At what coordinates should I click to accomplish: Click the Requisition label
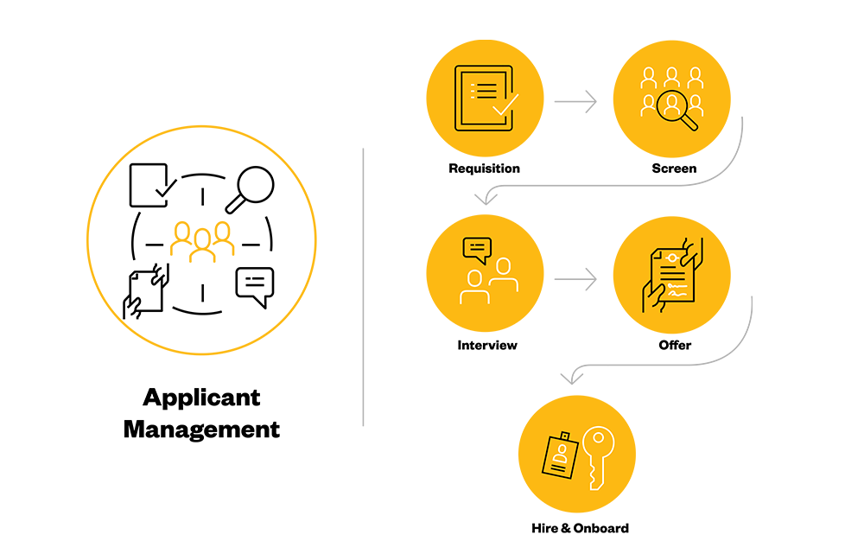(484, 169)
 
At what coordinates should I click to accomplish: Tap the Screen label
(674, 169)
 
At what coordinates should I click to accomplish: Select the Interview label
(487, 345)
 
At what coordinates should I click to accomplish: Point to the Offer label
(675, 345)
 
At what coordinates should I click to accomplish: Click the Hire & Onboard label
(580, 528)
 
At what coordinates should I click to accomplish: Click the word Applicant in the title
(201, 398)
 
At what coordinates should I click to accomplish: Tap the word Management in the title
(201, 430)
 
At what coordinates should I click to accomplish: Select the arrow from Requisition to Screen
(575, 101)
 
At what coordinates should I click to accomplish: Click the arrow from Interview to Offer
(575, 279)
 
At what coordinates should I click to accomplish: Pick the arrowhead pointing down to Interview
(486, 199)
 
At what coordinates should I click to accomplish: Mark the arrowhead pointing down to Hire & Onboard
(572, 378)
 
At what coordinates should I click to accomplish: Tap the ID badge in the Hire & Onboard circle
(561, 455)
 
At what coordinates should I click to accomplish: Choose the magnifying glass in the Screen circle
(677, 110)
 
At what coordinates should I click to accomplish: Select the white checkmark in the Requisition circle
(505, 105)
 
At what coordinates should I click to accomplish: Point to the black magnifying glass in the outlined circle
(250, 189)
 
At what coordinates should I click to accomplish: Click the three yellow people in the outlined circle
(202, 241)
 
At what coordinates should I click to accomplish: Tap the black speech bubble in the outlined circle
(255, 287)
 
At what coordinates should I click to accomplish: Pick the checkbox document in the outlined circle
(153, 185)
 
